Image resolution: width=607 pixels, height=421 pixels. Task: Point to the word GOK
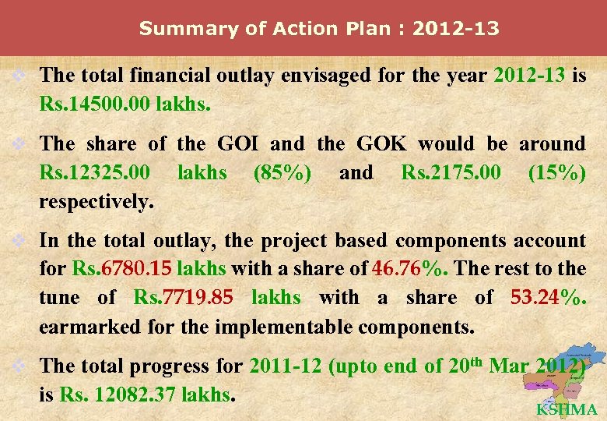click(x=381, y=143)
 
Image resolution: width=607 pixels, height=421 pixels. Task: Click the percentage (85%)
click(x=282, y=172)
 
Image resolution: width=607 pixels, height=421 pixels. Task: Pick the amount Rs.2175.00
click(x=451, y=172)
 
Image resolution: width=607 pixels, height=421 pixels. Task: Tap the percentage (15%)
click(x=556, y=172)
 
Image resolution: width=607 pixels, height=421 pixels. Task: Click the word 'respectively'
click(x=96, y=202)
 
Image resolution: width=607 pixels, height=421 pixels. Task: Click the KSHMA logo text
click(x=567, y=409)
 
